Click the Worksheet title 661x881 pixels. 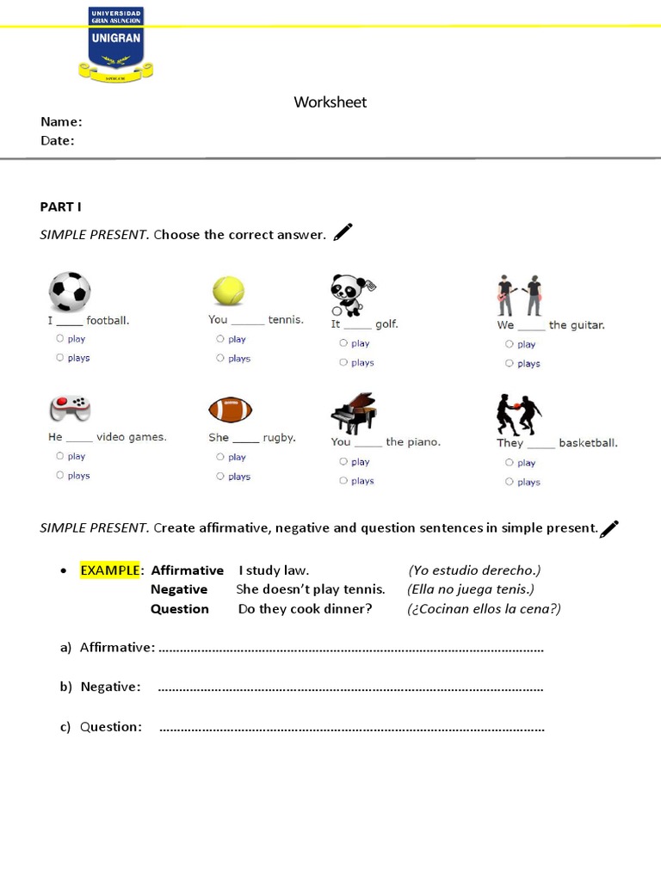pyautogui.click(x=330, y=102)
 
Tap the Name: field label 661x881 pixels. pyautogui.click(x=61, y=122)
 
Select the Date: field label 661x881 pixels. pyautogui.click(x=58, y=141)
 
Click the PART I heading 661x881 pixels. pyautogui.click(x=60, y=206)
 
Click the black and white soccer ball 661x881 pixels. pyautogui.click(x=70, y=292)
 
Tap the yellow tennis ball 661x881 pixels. pyautogui.click(x=228, y=291)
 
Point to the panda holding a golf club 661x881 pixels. pyautogui.click(x=351, y=295)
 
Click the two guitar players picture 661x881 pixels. pyautogui.click(x=519, y=295)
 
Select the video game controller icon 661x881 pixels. pyautogui.click(x=70, y=408)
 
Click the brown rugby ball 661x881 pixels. pyautogui.click(x=230, y=410)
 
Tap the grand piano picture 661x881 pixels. pyautogui.click(x=354, y=414)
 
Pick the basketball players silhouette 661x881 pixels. pyautogui.click(x=518, y=415)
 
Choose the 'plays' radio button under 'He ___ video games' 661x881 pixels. pyautogui.click(x=60, y=475)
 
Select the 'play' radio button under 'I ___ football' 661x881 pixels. pyautogui.click(x=60, y=339)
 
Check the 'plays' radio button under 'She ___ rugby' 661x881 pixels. pyautogui.click(x=221, y=476)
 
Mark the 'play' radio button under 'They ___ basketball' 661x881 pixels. pyautogui.click(x=509, y=463)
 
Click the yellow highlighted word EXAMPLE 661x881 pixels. pyautogui.click(x=109, y=570)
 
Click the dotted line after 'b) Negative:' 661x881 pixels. pyautogui.click(x=351, y=688)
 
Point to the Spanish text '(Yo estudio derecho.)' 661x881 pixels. pyautogui.click(x=474, y=570)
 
